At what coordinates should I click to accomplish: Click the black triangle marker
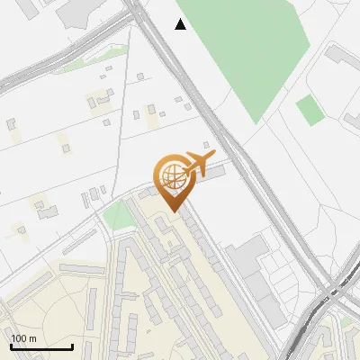(181, 24)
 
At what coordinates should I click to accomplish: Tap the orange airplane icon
(198, 163)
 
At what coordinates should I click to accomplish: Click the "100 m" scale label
(24, 338)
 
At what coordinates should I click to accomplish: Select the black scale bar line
(41, 347)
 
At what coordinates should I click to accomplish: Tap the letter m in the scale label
(33, 338)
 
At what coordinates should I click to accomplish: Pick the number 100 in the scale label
(19, 338)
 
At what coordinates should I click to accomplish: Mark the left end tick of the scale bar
(11, 345)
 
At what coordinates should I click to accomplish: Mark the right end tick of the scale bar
(72, 345)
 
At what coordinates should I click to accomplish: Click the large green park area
(243, 54)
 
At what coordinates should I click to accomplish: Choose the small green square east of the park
(310, 111)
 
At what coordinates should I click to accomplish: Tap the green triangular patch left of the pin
(117, 217)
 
